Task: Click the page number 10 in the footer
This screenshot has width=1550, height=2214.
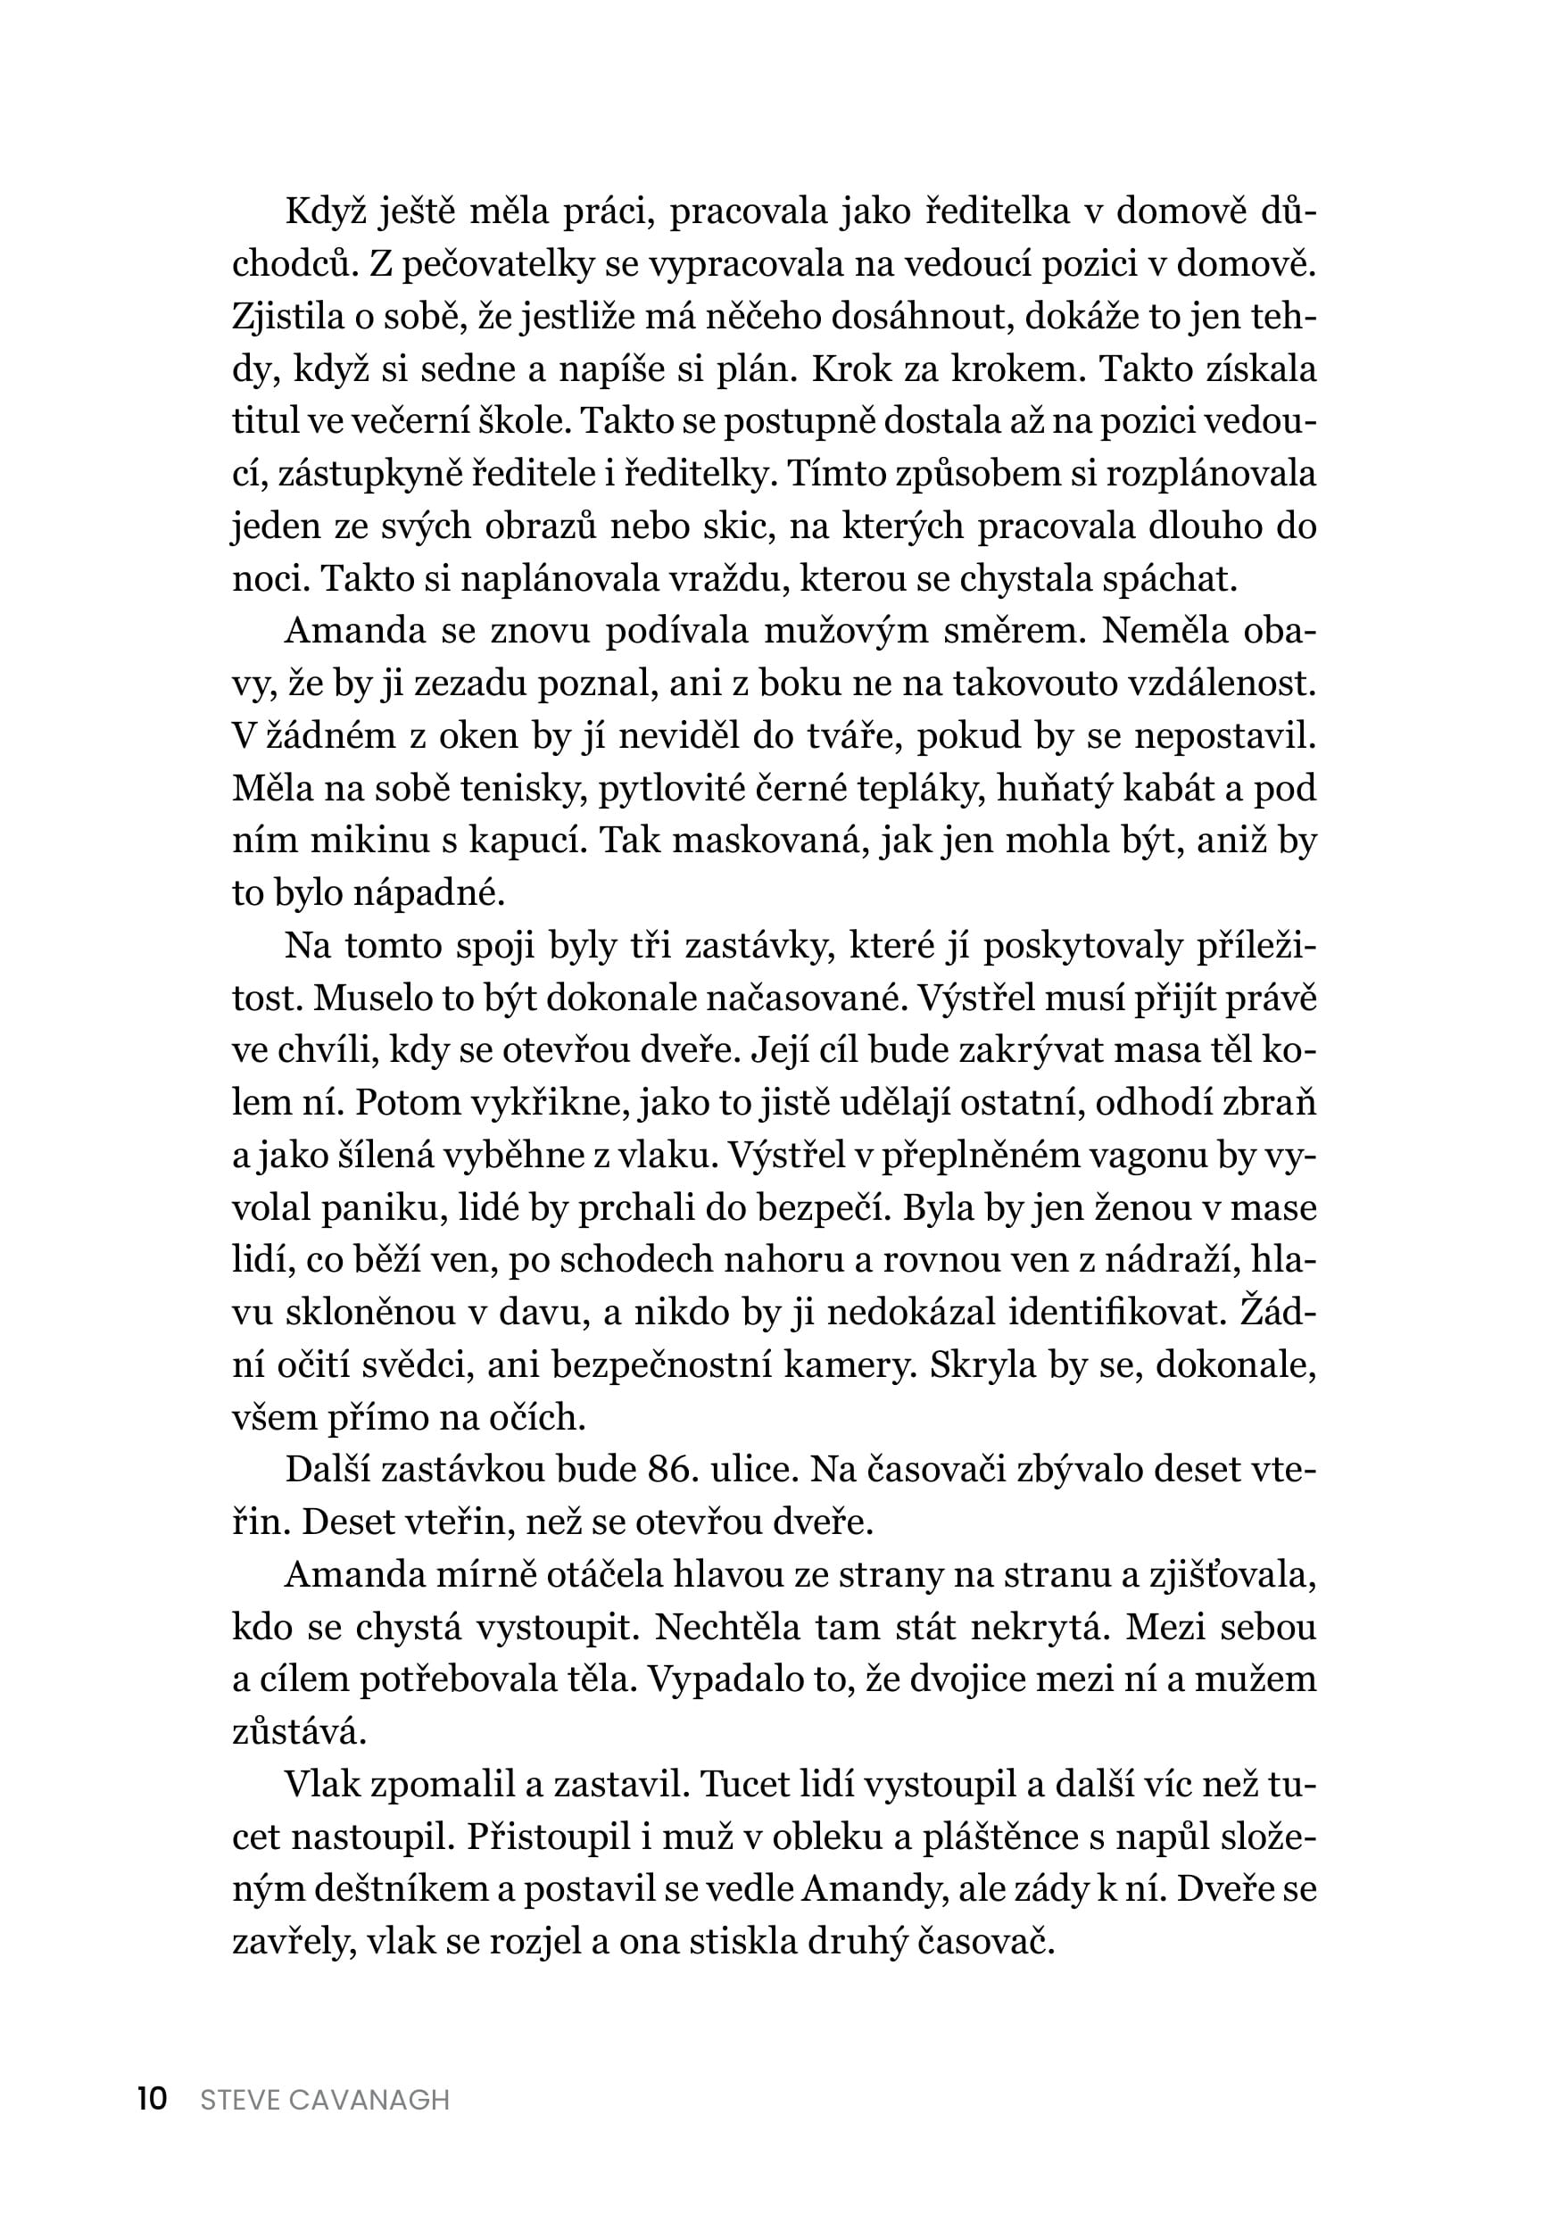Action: click(x=153, y=2098)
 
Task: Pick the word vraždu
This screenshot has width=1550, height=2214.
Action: click(x=725, y=577)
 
